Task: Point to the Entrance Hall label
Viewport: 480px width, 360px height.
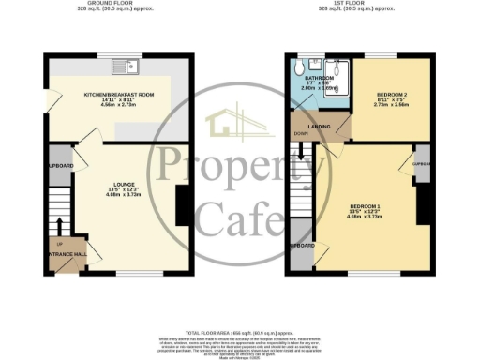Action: [x=62, y=255]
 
